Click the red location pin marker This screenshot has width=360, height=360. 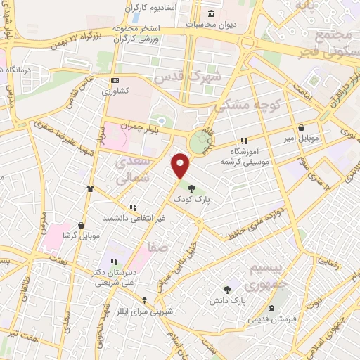[x=181, y=166]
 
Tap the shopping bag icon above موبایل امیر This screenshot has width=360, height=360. [x=302, y=129]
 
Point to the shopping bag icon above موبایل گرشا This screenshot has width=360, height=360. [x=82, y=225]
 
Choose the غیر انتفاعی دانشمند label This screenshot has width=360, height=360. [x=133, y=218]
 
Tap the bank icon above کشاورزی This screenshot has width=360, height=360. [x=115, y=80]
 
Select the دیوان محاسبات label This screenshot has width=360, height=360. [x=212, y=24]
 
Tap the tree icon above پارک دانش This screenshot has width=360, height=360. [x=226, y=289]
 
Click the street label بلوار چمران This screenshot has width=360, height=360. [x=155, y=133]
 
